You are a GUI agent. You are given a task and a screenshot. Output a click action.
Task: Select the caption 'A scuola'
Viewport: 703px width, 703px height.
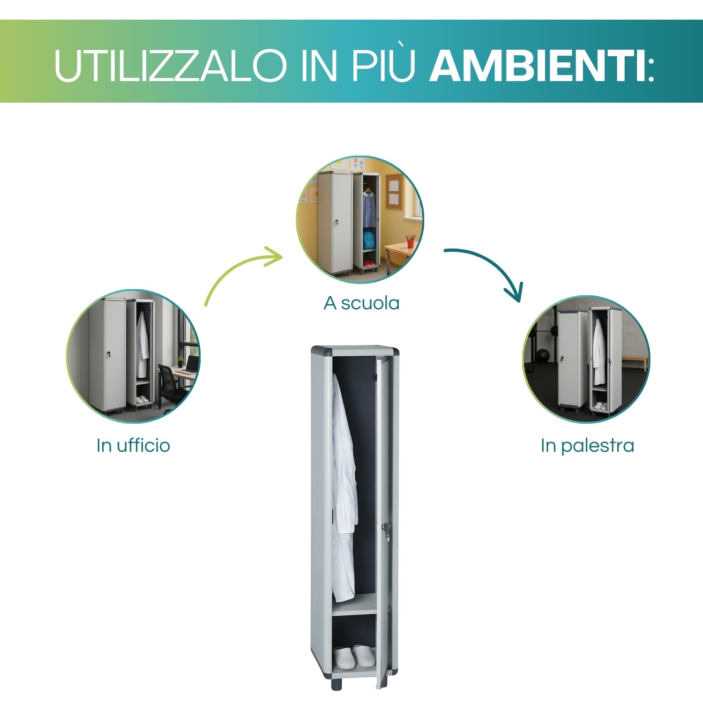[x=361, y=303]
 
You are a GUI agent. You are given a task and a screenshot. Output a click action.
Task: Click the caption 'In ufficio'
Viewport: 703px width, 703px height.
[x=133, y=445]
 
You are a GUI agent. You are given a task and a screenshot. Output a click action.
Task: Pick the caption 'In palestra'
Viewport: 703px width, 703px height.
[x=587, y=445]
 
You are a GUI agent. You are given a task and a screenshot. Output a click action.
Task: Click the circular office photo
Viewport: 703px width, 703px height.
[x=133, y=356]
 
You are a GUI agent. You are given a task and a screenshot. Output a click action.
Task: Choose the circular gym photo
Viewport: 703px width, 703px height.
[x=586, y=359]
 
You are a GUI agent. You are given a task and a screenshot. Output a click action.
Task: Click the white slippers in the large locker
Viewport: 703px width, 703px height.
[x=355, y=656]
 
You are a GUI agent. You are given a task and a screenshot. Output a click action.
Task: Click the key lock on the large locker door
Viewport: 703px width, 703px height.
[x=386, y=530]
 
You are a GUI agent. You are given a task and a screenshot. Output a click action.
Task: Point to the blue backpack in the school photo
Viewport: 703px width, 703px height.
[x=369, y=240]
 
